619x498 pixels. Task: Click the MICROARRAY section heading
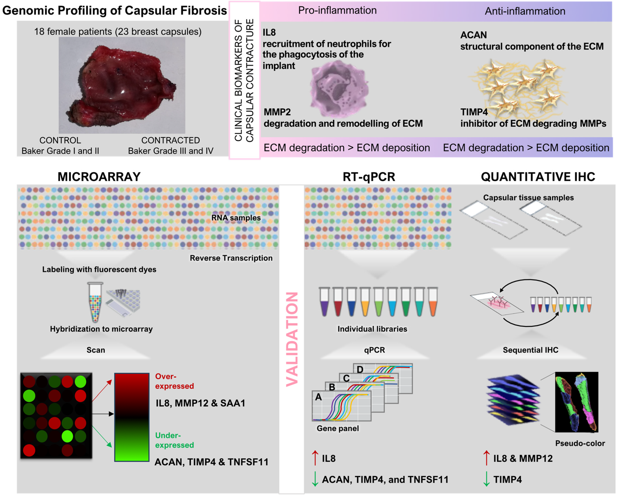[x=99, y=177]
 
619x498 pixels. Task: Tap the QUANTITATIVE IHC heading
[x=538, y=177]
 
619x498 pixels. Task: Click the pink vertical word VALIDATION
[x=292, y=339]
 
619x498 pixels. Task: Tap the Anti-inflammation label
[x=525, y=11]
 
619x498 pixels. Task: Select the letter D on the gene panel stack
[x=360, y=369]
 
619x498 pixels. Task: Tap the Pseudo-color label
[x=580, y=443]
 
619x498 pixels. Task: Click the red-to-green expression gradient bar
[x=132, y=417]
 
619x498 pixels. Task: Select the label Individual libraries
[x=372, y=329]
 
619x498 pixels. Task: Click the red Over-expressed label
[x=174, y=381]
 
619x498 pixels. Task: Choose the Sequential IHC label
[x=530, y=350]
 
